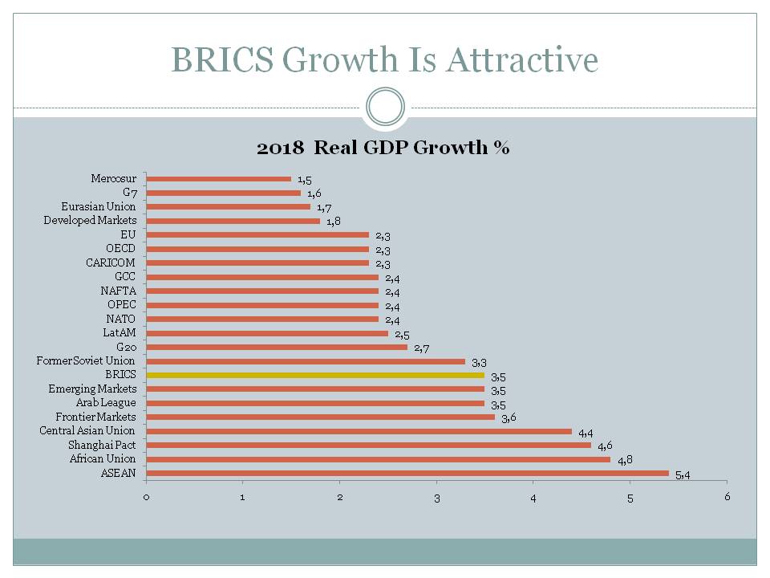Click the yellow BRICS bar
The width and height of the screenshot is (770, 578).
tap(315, 375)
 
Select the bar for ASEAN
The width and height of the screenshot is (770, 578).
tap(407, 473)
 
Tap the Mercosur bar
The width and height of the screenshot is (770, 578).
tap(219, 179)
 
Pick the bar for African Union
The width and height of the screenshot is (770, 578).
tap(379, 459)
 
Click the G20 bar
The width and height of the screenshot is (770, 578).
tap(277, 347)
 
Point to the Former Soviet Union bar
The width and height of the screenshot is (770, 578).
tap(306, 361)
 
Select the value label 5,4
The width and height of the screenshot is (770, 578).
tap(683, 475)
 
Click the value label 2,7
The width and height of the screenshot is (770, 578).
tap(422, 348)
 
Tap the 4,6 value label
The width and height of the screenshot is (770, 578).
tap(605, 446)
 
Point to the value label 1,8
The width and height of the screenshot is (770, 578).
tap(334, 222)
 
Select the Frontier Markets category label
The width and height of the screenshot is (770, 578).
tap(96, 417)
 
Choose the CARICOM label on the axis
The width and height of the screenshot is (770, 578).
tap(111, 263)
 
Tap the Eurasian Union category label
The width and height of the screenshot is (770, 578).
tap(99, 206)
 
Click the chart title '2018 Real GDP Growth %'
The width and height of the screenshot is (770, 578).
tap(383, 148)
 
